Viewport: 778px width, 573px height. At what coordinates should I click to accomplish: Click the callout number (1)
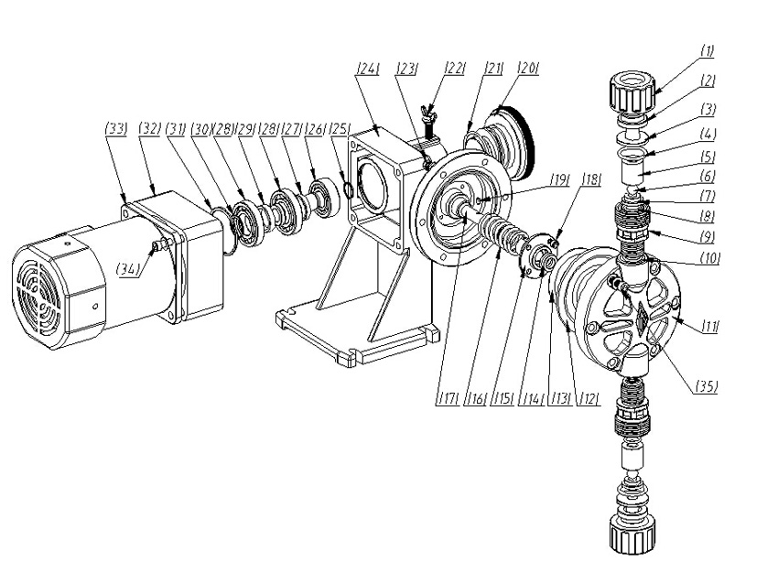707,50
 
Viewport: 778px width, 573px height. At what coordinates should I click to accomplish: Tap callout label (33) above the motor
116,128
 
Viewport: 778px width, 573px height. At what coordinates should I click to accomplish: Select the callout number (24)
368,69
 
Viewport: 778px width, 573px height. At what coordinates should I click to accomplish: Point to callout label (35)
706,386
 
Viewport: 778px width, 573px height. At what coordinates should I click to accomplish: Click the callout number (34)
128,268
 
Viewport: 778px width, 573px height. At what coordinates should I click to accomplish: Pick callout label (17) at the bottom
447,398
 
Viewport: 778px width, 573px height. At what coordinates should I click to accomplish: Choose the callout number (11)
710,327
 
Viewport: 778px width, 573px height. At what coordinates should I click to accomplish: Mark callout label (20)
527,68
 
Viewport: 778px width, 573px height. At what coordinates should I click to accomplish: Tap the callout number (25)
340,128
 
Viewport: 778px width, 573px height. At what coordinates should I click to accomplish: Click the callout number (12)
588,398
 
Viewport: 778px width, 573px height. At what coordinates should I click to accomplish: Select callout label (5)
708,157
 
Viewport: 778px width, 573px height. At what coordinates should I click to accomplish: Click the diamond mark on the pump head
642,317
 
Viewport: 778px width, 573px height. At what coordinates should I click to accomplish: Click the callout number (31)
175,128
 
